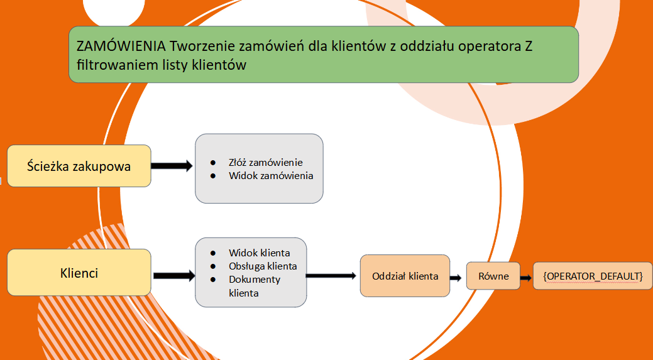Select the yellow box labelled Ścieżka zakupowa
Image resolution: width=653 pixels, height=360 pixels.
point(79,166)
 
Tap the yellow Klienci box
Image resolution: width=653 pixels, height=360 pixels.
point(79,273)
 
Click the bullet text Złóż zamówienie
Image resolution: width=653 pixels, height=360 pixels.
point(266,162)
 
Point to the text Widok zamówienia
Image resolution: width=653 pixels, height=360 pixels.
point(271,176)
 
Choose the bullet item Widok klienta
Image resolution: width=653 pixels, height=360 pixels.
point(260,253)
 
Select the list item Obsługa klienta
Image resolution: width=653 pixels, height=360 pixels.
point(263,266)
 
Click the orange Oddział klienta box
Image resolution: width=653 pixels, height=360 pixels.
point(405,276)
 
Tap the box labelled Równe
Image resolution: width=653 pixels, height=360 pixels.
point(493,276)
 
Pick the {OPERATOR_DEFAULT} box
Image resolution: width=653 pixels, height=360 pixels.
point(593,276)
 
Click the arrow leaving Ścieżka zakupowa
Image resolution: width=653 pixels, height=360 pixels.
point(172,166)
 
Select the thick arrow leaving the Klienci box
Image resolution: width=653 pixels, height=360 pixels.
point(174,276)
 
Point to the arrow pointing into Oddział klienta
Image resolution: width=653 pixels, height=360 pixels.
point(331,276)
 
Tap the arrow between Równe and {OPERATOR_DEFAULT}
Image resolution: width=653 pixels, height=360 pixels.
point(527,278)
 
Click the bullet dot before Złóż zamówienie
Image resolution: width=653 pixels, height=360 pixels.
point(213,162)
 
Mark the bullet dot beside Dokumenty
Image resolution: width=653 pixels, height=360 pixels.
point(213,279)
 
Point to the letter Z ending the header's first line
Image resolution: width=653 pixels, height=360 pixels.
point(529,46)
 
